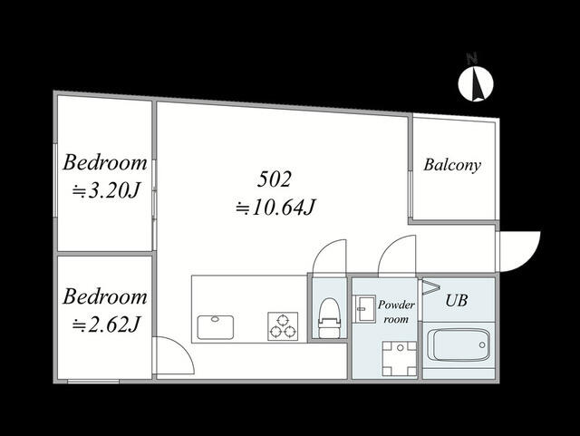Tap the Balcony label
point(452,165)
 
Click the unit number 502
point(274,179)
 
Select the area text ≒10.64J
point(275,208)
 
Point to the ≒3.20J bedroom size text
point(105,190)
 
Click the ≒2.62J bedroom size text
point(105,325)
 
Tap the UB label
point(457,301)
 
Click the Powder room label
point(396,312)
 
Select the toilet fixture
point(329,317)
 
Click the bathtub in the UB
point(459,345)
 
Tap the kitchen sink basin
point(216,327)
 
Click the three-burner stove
point(283,326)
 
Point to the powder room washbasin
point(364,308)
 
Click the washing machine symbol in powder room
point(399,358)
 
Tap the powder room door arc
point(387,247)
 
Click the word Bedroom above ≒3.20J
point(105,163)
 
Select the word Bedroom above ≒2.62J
point(105,296)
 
